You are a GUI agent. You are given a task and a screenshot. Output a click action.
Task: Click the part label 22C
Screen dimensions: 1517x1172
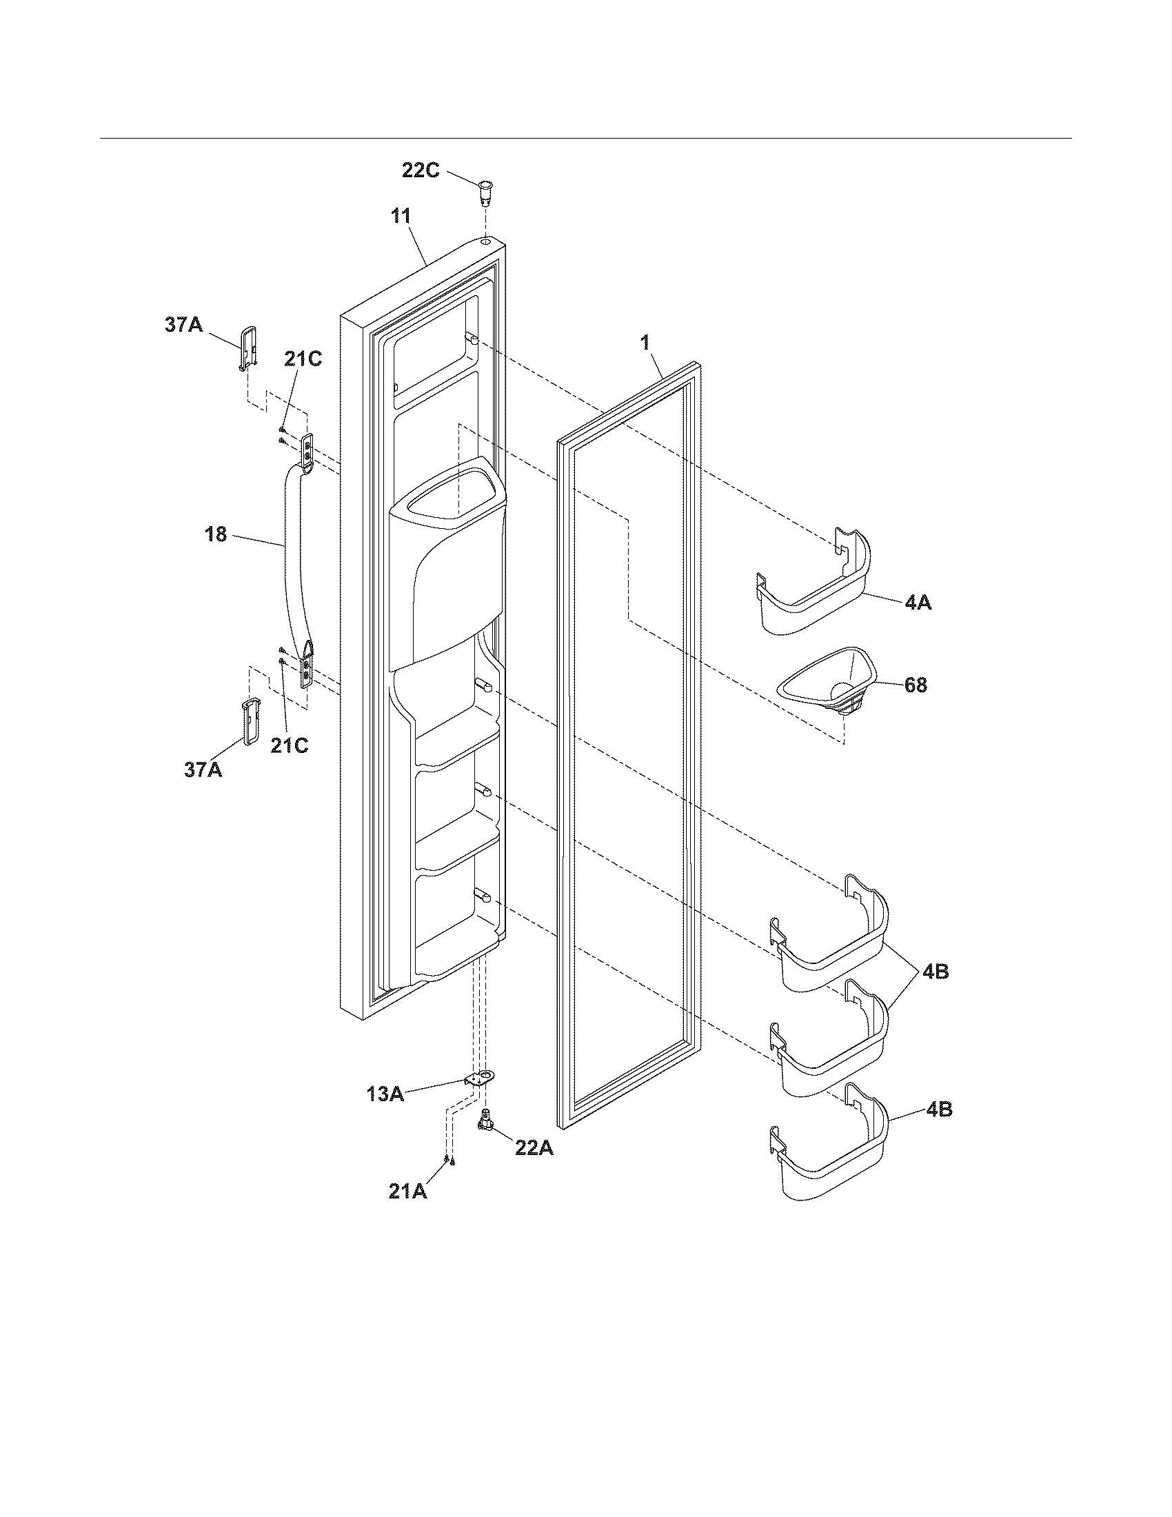coord(420,170)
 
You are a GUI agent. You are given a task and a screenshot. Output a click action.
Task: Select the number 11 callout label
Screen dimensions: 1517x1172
coord(400,216)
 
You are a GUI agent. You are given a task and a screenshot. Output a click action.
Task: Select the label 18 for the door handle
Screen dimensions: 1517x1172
coord(216,534)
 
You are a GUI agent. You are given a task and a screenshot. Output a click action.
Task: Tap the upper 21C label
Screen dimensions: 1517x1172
coord(303,359)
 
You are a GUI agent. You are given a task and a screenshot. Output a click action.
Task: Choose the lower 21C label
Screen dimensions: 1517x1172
coord(289,745)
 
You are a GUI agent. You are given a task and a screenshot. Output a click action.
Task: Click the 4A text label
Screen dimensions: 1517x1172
coord(918,603)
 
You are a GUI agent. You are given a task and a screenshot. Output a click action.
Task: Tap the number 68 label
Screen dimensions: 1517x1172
coord(915,685)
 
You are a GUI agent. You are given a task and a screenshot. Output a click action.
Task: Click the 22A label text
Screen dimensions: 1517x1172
coord(534,1148)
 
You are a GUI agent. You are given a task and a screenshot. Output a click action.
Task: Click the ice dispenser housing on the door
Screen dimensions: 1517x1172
coord(445,563)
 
